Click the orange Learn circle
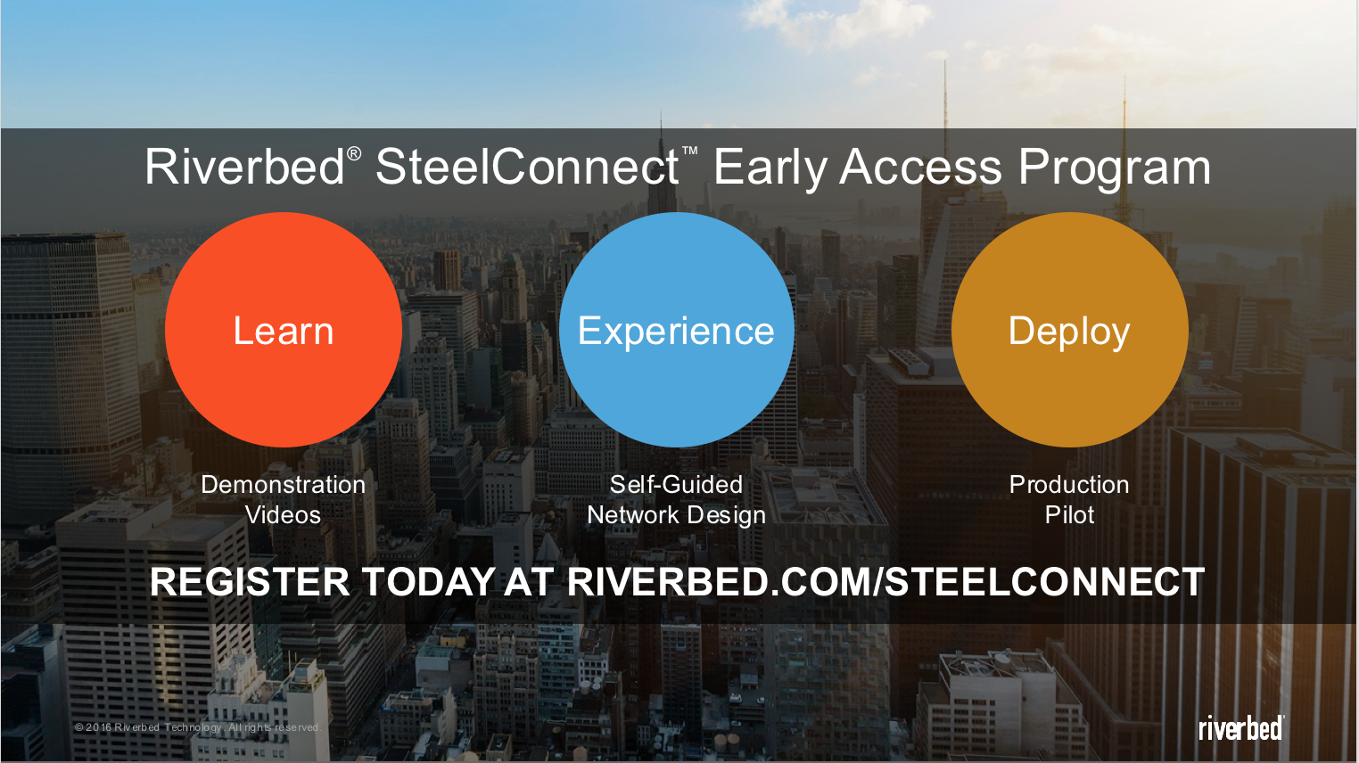pyautogui.click(x=284, y=330)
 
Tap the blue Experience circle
pyautogui.click(x=677, y=330)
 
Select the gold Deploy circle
pyautogui.click(x=1069, y=330)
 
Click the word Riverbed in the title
pyautogui.click(x=244, y=167)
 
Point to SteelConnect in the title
pyautogui.click(x=527, y=167)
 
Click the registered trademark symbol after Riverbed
pyautogui.click(x=354, y=154)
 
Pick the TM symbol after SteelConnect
pyautogui.click(x=690, y=151)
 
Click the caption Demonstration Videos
pyautogui.click(x=284, y=500)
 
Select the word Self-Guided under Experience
pyautogui.click(x=676, y=485)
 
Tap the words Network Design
pyautogui.click(x=677, y=515)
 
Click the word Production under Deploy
pyautogui.click(x=1069, y=485)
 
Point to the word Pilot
pyautogui.click(x=1069, y=515)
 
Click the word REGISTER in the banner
pyautogui.click(x=250, y=582)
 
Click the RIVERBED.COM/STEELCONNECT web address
pyautogui.click(x=885, y=582)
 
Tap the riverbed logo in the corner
pyautogui.click(x=1240, y=727)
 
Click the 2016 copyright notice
pyautogui.click(x=198, y=727)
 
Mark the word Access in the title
pyautogui.click(x=920, y=168)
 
